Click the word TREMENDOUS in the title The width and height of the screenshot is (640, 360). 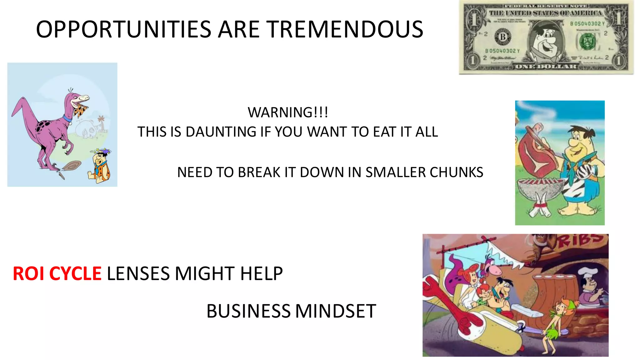[345, 29]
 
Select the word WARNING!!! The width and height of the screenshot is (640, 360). [288, 112]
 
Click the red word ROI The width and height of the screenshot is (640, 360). [29, 274]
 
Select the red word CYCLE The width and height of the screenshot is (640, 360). [75, 274]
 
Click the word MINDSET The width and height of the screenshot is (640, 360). [336, 311]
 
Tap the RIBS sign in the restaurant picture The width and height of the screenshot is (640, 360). [581, 241]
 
